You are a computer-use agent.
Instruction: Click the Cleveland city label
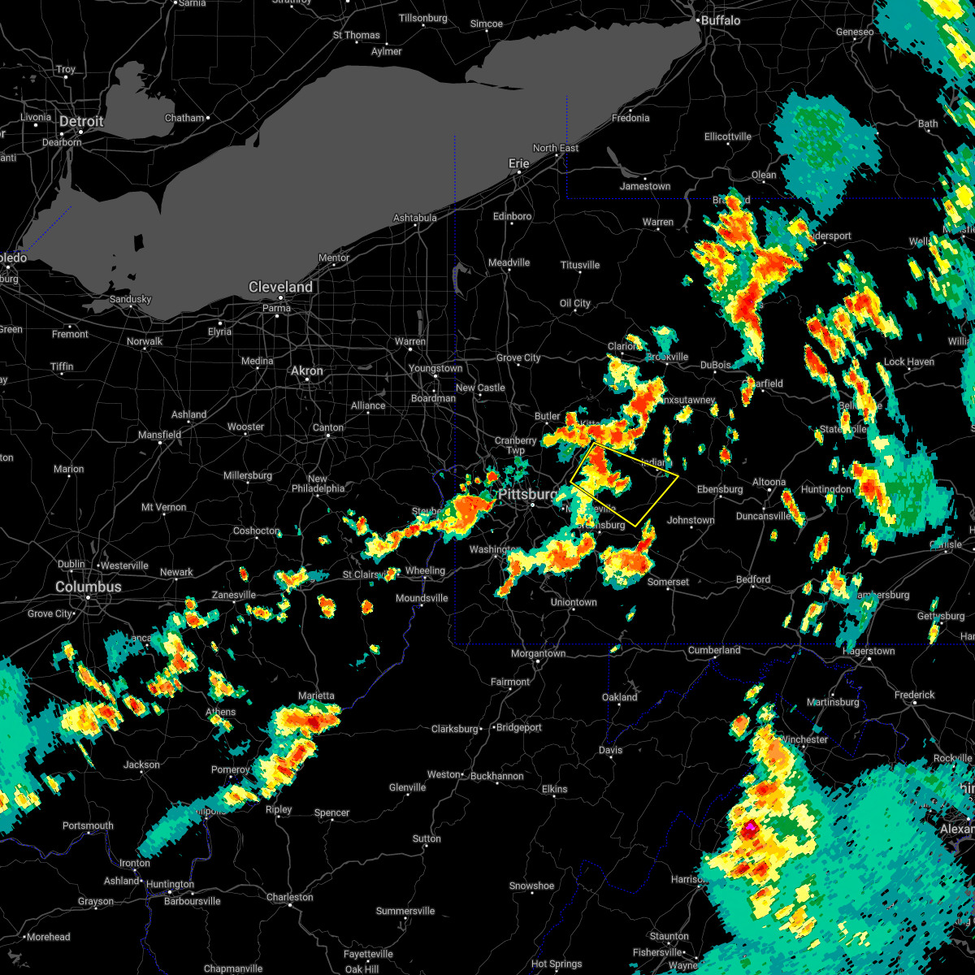pyautogui.click(x=280, y=288)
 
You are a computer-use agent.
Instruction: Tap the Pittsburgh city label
pyautogui.click(x=527, y=495)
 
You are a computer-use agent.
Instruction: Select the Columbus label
pyautogui.click(x=88, y=587)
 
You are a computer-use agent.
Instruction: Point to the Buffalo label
pyautogui.click(x=721, y=20)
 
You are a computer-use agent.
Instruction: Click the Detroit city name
pyautogui.click(x=81, y=122)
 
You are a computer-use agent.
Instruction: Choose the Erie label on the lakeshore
pyautogui.click(x=519, y=163)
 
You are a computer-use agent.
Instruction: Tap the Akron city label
pyautogui.click(x=307, y=370)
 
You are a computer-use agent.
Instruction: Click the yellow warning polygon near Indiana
pyautogui.click(x=624, y=485)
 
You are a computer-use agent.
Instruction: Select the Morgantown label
pyautogui.click(x=538, y=653)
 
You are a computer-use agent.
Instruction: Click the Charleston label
pyautogui.click(x=289, y=897)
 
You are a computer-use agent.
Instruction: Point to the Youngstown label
pyautogui.click(x=435, y=368)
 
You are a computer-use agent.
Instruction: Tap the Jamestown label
pyautogui.click(x=645, y=186)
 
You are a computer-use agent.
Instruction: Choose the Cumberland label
pyautogui.click(x=714, y=650)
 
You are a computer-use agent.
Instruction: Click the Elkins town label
pyautogui.click(x=555, y=789)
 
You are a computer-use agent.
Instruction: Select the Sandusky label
pyautogui.click(x=130, y=299)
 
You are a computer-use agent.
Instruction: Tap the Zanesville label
pyautogui.click(x=234, y=596)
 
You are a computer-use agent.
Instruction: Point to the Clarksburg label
pyautogui.click(x=455, y=729)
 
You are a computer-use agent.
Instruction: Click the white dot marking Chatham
pyautogui.click(x=208, y=118)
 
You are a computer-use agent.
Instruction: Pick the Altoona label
pyautogui.click(x=769, y=482)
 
